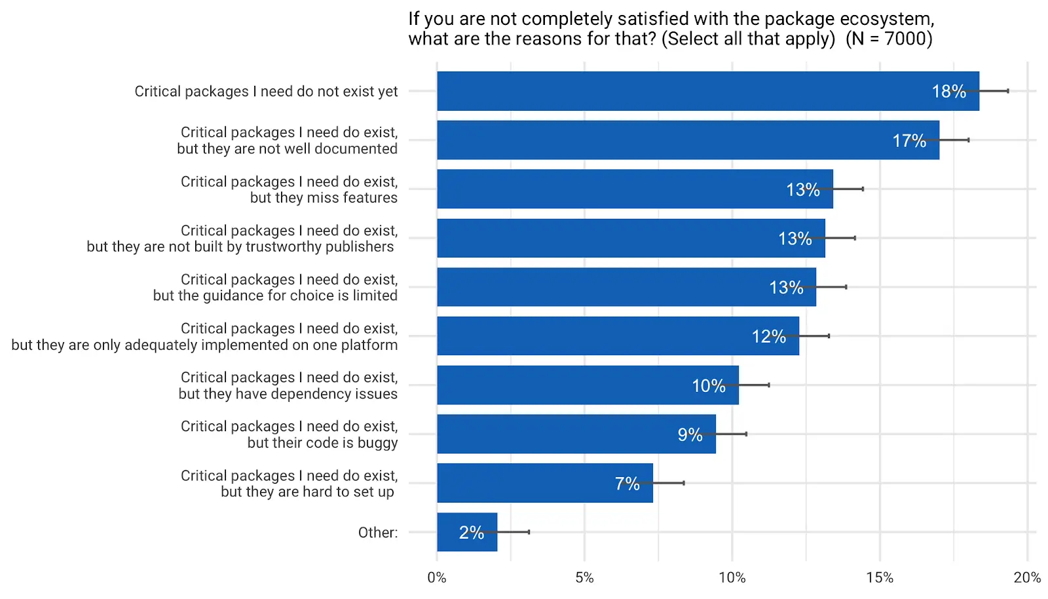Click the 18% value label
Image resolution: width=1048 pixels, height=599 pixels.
948,92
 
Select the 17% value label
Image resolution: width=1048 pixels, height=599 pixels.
909,141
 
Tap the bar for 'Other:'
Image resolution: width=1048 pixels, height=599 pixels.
466,532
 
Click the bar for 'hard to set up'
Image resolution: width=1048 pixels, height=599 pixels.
544,483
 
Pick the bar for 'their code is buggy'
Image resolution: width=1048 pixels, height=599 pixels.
576,434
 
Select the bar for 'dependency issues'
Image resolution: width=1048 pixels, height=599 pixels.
588,385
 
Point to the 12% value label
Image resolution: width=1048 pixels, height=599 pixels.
768,337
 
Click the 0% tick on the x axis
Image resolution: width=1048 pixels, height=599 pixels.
436,578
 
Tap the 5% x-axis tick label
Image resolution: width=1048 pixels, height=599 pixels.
584,578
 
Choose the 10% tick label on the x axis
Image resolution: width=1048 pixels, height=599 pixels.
732,578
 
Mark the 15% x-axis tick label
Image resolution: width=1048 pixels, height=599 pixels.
880,578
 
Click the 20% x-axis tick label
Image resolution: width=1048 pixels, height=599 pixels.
1026,578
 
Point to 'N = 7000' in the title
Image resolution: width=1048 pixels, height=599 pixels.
889,39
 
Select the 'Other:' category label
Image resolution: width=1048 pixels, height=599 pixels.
377,533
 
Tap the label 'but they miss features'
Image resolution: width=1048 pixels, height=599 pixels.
324,198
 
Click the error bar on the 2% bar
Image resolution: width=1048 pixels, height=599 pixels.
514,532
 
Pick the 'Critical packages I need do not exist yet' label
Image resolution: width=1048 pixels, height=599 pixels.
266,92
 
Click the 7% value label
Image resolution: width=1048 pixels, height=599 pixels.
627,484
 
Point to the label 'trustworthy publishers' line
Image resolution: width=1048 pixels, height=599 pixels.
240,247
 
